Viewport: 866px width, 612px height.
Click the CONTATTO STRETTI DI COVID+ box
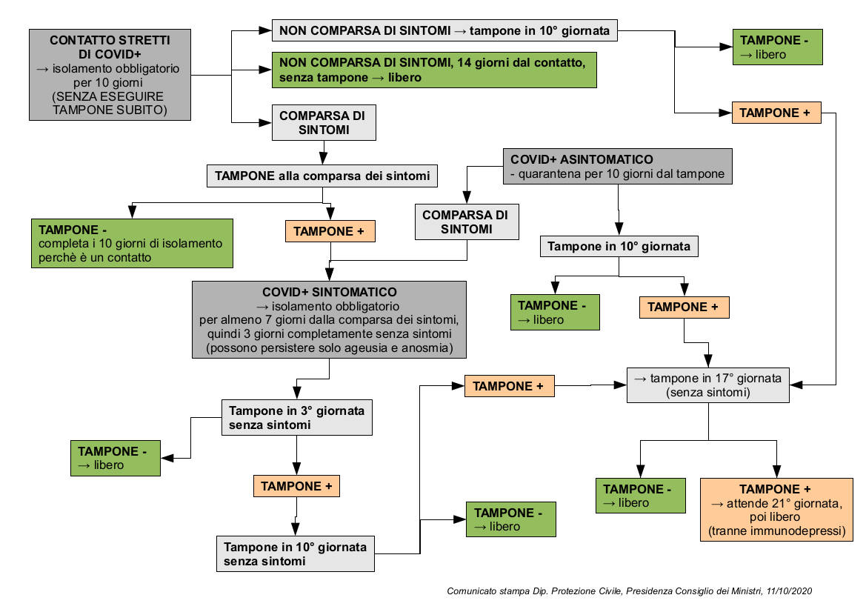(110, 75)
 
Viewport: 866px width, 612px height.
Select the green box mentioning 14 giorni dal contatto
(434, 70)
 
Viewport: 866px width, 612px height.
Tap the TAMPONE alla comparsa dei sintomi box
(322, 176)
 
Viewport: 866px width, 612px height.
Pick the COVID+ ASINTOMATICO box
(618, 166)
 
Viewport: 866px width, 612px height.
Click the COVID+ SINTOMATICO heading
(329, 292)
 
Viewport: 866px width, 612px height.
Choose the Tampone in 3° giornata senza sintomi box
(296, 418)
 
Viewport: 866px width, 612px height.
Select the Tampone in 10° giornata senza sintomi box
(296, 554)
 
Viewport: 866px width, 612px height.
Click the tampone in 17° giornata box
(708, 385)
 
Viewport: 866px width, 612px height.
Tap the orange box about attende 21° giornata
(776, 510)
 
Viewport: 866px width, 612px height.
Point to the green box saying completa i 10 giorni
(132, 244)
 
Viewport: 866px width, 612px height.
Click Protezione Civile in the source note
(586, 591)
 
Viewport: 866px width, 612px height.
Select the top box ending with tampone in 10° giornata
(444, 30)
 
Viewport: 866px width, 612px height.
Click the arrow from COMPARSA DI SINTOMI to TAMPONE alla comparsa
(323, 153)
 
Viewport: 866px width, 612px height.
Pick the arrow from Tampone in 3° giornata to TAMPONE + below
(296, 455)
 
